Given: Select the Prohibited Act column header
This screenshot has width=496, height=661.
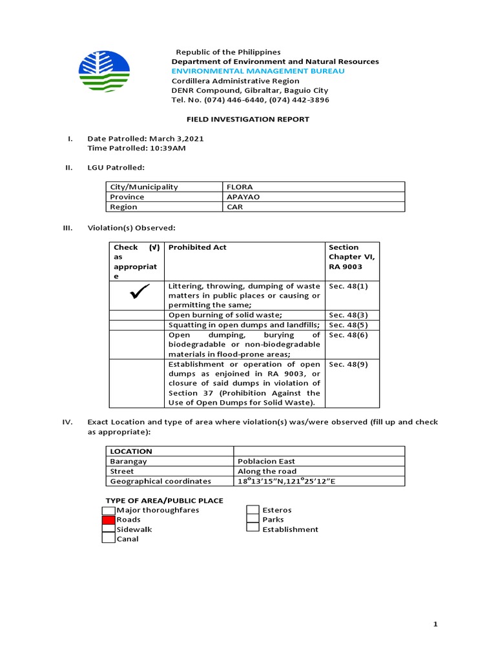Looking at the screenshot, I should pos(198,247).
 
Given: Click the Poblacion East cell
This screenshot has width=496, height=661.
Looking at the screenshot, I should pos(265,462).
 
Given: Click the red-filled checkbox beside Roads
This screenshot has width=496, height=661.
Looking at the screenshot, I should pos(108,520).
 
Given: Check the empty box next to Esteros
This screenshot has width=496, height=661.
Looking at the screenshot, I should pos(253,511).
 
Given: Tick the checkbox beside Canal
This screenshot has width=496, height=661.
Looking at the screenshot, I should pos(108,538).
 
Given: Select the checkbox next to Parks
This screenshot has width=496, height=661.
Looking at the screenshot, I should pos(253,520).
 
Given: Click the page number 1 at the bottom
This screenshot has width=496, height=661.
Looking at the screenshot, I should pos(436,624).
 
